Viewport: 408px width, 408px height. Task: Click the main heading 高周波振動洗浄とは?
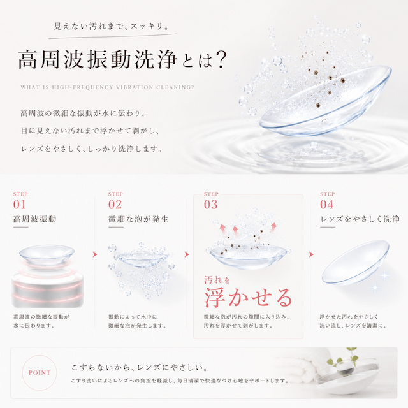click(x=122, y=60)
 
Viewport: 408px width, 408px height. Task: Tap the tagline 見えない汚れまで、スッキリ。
click(x=112, y=26)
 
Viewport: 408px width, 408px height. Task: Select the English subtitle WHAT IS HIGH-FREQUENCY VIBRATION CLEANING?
click(x=108, y=87)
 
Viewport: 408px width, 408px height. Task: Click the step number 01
click(x=20, y=205)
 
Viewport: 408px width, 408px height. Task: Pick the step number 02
click(x=115, y=205)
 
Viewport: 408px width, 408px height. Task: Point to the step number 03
click(x=210, y=205)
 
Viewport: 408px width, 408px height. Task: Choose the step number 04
click(x=327, y=205)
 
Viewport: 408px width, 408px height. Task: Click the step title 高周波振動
click(x=35, y=219)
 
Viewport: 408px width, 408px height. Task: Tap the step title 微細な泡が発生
click(x=138, y=219)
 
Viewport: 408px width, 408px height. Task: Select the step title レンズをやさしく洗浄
click(x=360, y=219)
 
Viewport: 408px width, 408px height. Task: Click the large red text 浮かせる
click(x=249, y=298)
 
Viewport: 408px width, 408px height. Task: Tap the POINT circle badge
click(x=40, y=373)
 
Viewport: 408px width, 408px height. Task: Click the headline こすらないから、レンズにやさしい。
click(x=140, y=367)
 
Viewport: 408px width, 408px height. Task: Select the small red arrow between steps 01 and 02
click(x=95, y=254)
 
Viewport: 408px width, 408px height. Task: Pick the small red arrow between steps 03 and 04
click(x=311, y=254)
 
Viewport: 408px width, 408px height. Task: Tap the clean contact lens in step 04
click(x=356, y=262)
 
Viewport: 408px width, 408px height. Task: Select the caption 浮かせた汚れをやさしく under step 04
click(x=349, y=317)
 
